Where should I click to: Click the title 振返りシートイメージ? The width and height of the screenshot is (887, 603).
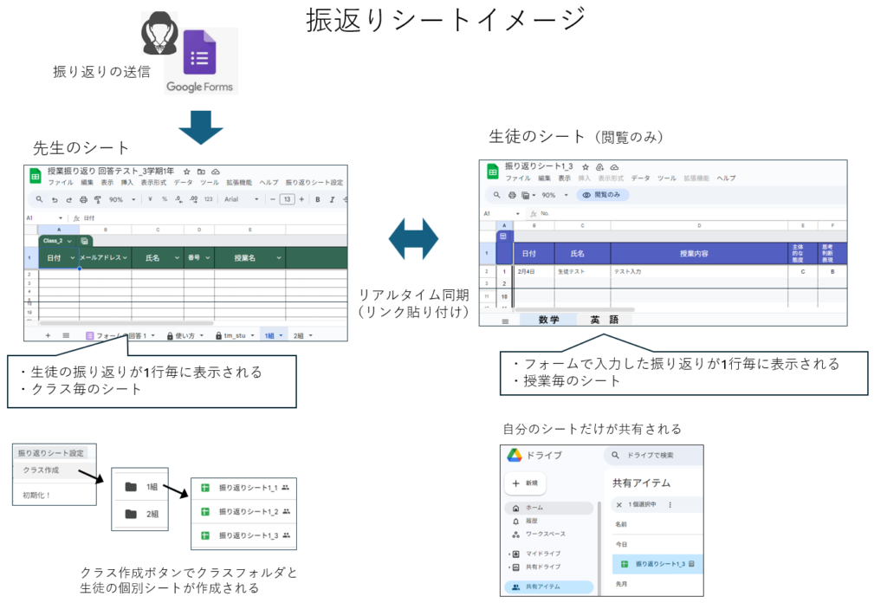coord(445,20)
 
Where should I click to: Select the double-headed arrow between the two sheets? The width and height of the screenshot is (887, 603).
coord(413,238)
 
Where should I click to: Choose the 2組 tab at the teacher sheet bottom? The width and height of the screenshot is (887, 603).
coord(302,335)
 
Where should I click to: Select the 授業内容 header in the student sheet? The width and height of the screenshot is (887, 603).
coord(698,254)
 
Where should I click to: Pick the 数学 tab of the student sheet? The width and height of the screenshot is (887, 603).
coord(548,320)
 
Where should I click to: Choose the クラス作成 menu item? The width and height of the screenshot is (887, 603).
coord(41,470)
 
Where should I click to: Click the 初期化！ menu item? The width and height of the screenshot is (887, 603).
coord(37,496)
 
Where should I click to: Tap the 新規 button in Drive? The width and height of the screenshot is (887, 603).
coord(526,482)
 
